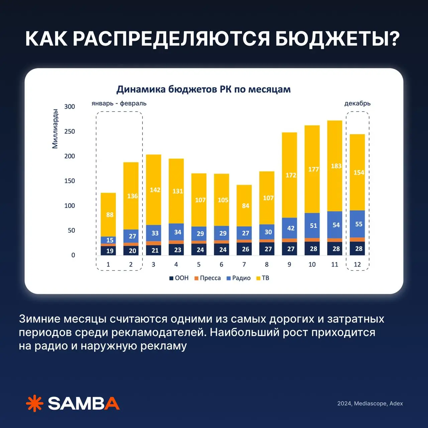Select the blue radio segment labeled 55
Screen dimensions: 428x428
pyautogui.click(x=357, y=224)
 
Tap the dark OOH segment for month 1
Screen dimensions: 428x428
pyautogui.click(x=108, y=250)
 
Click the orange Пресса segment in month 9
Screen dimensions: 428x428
pyautogui.click(x=290, y=240)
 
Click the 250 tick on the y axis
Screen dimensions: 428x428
pyautogui.click(x=70, y=131)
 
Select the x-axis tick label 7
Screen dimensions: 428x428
pyautogui.click(x=244, y=264)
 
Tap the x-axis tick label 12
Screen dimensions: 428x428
pyautogui.click(x=357, y=264)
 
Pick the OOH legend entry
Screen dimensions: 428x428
pyautogui.click(x=179, y=278)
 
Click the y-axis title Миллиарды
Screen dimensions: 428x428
pyautogui.click(x=55, y=128)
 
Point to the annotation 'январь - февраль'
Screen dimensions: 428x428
pyautogui.click(x=119, y=103)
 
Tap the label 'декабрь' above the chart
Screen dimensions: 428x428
pyautogui.click(x=357, y=103)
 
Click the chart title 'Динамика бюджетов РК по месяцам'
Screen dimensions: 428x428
pyautogui.click(x=203, y=89)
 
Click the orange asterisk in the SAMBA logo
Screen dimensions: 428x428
pyautogui.click(x=35, y=403)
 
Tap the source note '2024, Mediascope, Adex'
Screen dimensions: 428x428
pyautogui.click(x=370, y=404)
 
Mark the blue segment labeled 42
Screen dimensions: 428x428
pyautogui.click(x=290, y=228)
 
